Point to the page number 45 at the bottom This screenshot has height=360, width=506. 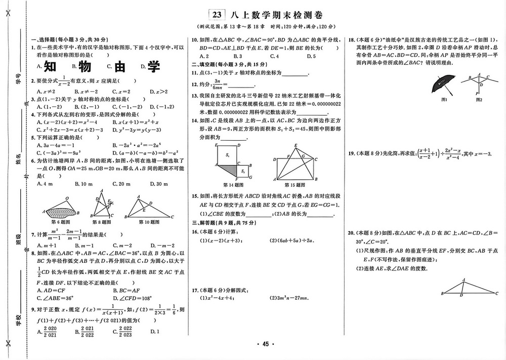[265, 344]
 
